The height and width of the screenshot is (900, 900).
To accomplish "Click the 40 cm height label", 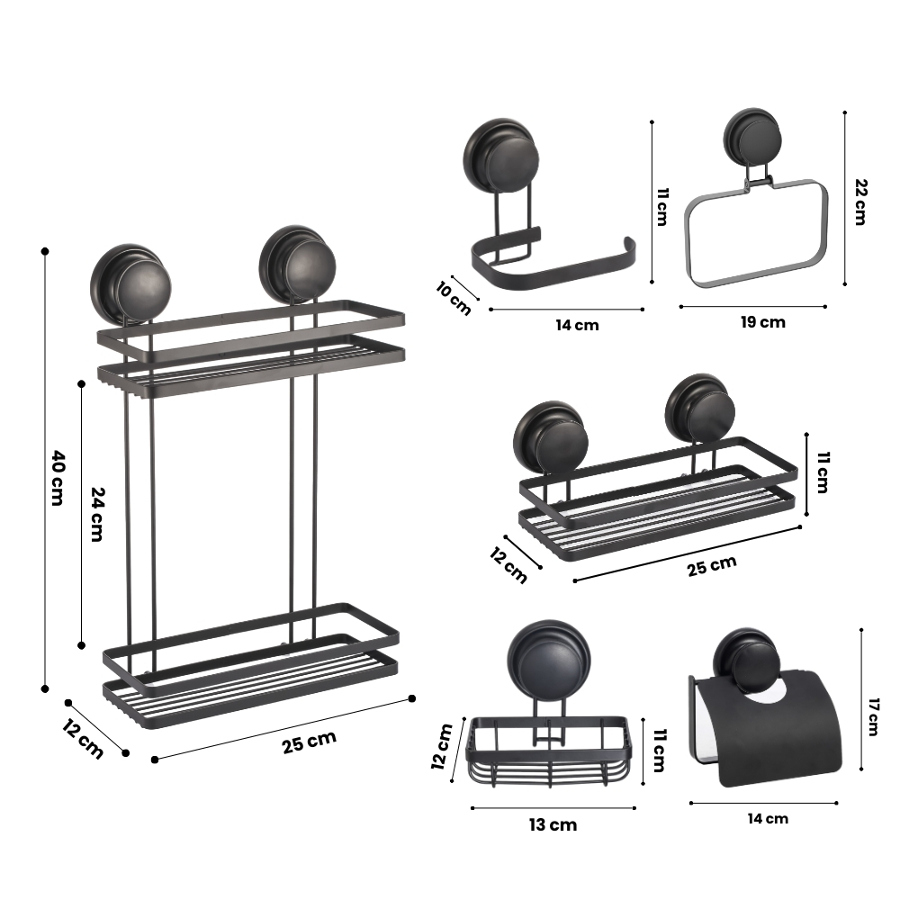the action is click(58, 478).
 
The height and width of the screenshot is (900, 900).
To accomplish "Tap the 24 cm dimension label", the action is click(97, 514).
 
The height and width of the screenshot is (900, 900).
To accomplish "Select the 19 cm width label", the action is click(763, 322).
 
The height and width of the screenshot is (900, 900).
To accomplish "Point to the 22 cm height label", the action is click(859, 202).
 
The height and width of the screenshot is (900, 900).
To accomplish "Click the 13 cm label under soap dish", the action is click(553, 824).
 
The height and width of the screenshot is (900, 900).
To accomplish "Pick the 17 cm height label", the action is click(873, 717).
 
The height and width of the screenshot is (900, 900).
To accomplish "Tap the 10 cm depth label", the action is click(454, 298).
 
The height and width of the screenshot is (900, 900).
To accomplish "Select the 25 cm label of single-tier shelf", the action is click(712, 566).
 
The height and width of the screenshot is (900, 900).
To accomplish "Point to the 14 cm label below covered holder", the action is click(768, 818).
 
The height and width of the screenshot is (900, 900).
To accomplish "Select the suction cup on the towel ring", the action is click(751, 136).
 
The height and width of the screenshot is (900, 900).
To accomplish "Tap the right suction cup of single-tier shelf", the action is click(699, 409).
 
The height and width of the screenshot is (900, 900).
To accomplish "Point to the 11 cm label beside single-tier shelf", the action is click(823, 472).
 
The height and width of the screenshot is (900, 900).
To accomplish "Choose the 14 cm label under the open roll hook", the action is click(577, 326).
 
